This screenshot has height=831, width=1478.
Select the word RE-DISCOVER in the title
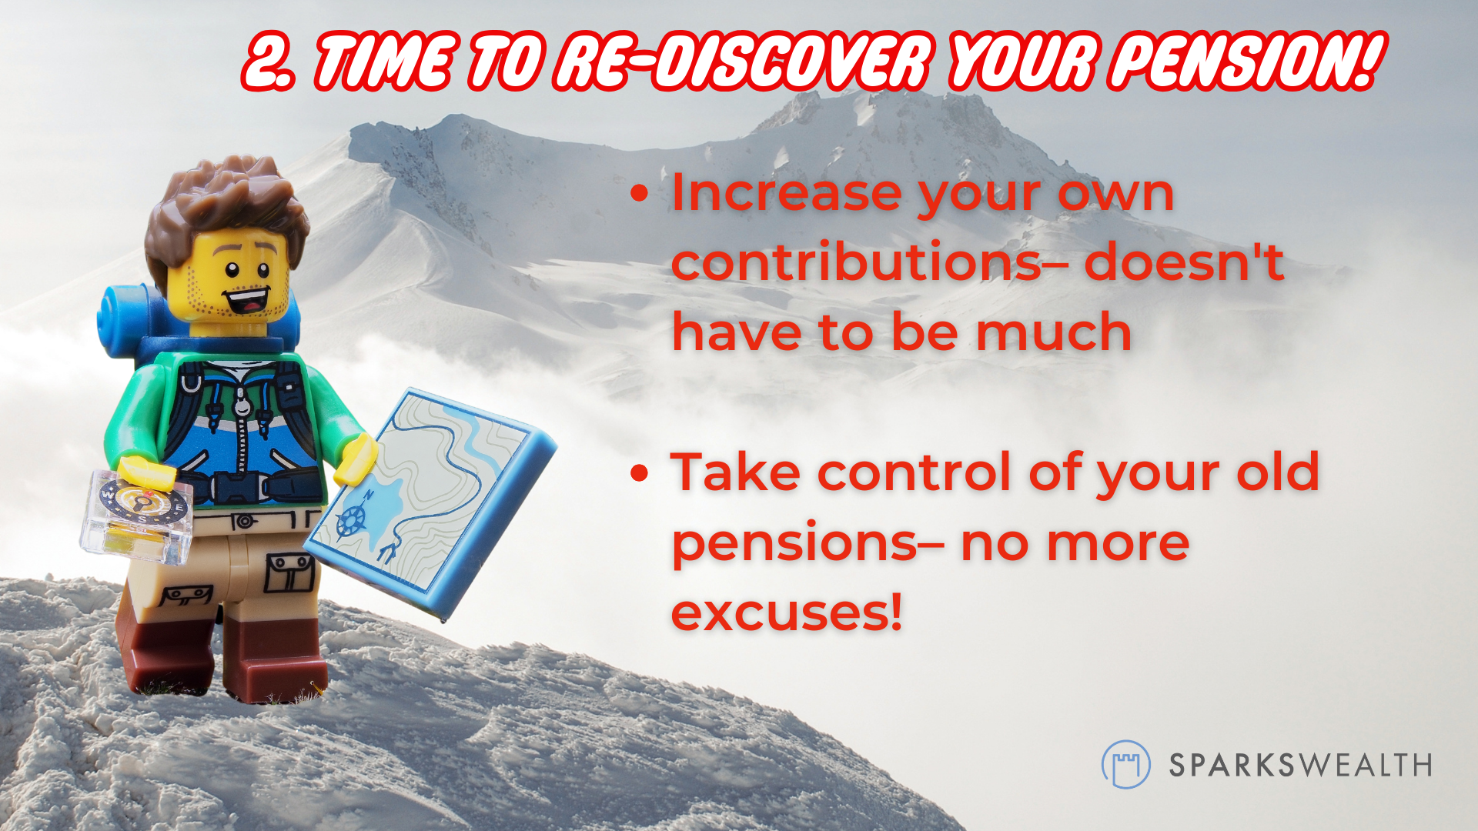click(744, 62)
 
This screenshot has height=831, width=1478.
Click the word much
click(1054, 332)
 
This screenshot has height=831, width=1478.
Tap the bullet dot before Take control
click(640, 473)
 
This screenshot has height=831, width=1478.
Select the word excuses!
click(786, 612)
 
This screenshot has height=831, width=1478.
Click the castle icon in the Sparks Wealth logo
click(1125, 765)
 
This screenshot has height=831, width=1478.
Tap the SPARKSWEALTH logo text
click(1300, 766)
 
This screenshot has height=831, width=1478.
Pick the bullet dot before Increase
click(640, 193)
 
